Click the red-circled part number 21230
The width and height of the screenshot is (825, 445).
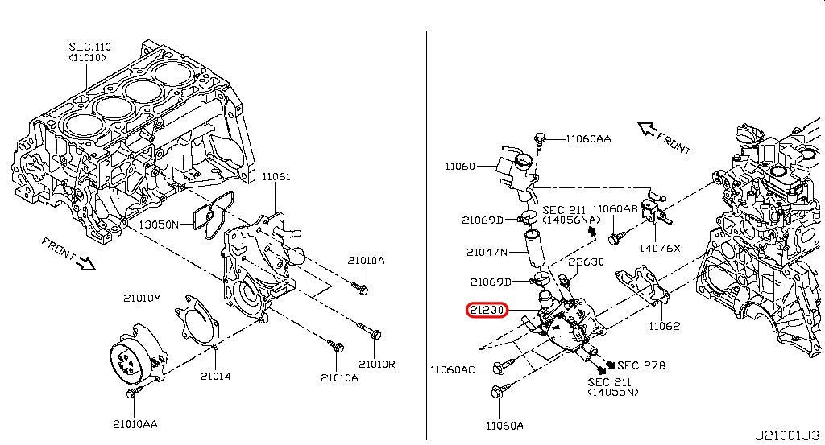tap(487, 310)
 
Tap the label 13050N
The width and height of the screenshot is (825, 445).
tap(159, 225)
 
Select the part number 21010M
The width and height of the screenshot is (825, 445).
tap(142, 299)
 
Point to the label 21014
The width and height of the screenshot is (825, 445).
tap(215, 376)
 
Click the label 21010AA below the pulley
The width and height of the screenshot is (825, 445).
tap(135, 424)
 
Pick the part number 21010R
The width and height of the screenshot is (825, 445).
tap(377, 364)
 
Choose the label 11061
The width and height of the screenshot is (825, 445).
tap(276, 176)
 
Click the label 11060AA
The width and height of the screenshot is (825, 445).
tap(588, 138)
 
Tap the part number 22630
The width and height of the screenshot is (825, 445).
tap(587, 262)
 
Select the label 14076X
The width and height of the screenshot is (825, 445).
tap(659, 248)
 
